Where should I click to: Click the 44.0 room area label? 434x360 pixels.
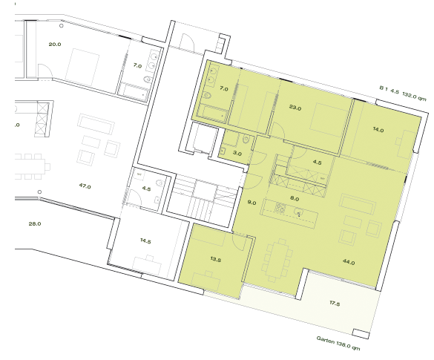click(348, 261)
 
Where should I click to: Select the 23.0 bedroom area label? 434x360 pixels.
click(295, 108)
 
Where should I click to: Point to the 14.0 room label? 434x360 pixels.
click(378, 130)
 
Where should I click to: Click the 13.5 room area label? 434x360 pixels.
click(217, 259)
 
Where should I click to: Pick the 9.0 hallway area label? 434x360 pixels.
click(251, 202)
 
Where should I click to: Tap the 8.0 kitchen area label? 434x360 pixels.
click(295, 198)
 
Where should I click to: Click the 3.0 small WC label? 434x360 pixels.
click(237, 153)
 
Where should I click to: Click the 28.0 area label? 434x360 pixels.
click(34, 223)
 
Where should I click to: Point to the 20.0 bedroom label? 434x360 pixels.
click(55, 45)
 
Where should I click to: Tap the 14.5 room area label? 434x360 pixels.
click(145, 241)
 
